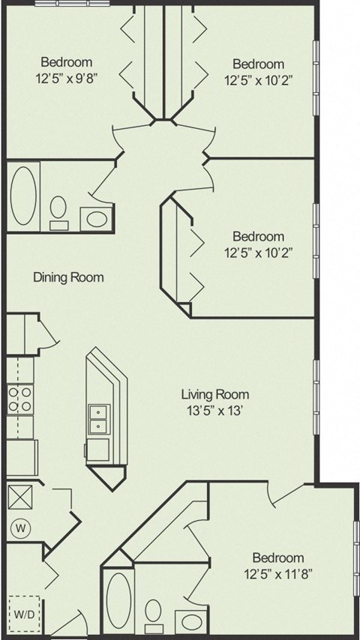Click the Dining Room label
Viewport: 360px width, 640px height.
[68, 277]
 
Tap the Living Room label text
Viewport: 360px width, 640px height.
[214, 394]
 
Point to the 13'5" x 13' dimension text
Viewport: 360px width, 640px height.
[214, 409]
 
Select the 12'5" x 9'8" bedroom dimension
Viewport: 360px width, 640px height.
[67, 76]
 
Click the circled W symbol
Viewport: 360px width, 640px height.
[21, 529]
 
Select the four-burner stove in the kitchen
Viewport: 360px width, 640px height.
[19, 399]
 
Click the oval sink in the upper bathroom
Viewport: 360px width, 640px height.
[95, 219]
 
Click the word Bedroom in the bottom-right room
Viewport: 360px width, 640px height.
[277, 558]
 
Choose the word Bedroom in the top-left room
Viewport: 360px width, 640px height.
[67, 62]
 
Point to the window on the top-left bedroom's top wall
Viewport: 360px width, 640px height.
[61, 2]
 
